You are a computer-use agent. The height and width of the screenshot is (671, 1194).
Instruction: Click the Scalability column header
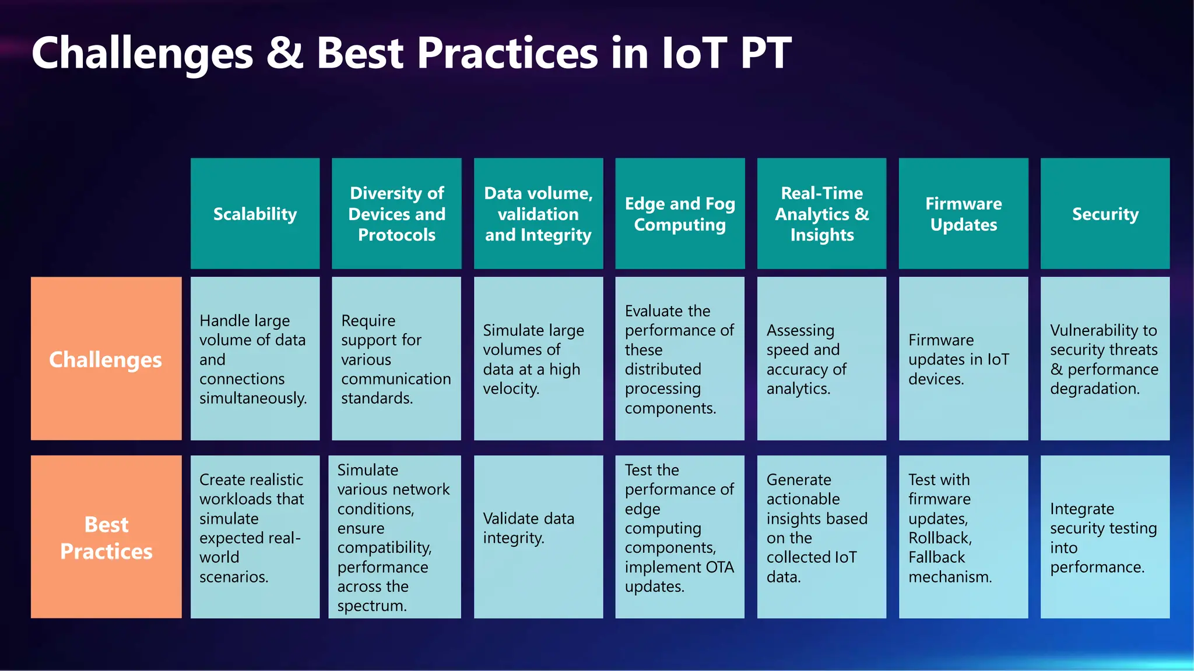tap(255, 214)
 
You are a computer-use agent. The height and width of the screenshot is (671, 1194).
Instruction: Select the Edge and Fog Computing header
tap(680, 214)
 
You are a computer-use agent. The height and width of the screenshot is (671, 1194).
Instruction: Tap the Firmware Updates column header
tap(963, 214)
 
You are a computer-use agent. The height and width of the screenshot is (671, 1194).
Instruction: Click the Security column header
tap(1105, 214)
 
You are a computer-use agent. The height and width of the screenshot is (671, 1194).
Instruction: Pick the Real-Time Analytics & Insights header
tap(821, 214)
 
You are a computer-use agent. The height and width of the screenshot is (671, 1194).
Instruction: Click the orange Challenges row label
tap(106, 359)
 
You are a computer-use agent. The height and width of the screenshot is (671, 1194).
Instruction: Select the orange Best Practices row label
tap(106, 537)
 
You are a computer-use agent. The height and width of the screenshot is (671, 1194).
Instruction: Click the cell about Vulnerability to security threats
tap(1105, 359)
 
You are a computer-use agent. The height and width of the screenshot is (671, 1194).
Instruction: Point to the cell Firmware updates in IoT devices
tap(963, 359)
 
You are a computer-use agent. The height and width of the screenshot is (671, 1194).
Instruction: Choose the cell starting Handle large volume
tap(255, 359)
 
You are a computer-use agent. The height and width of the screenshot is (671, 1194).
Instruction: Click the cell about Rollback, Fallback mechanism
tap(963, 537)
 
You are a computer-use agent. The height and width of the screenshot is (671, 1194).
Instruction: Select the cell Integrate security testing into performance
tap(1105, 537)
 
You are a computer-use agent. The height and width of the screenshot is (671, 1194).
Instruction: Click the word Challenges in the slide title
tap(142, 54)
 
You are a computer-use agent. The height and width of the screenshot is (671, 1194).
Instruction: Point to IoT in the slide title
tap(694, 54)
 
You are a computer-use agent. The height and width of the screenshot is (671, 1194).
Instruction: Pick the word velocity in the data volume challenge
tap(510, 389)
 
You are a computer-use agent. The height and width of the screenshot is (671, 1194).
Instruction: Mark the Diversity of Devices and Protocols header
tap(396, 214)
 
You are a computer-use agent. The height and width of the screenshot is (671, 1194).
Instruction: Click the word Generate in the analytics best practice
tap(799, 480)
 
